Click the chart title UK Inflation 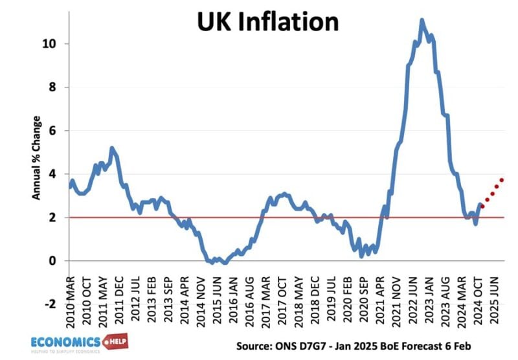[267, 21]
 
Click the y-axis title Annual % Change [37, 157]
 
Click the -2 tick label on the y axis [55, 304]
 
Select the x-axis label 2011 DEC [119, 295]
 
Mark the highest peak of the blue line [422, 20]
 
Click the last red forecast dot [502, 180]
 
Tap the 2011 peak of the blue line [112, 148]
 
